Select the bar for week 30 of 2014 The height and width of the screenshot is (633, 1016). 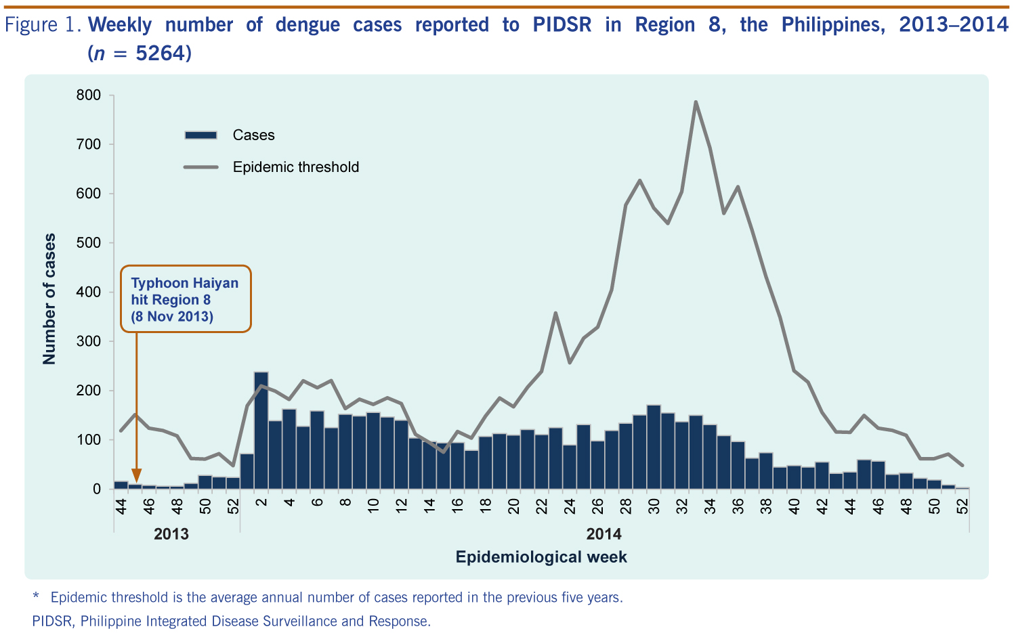[654, 447]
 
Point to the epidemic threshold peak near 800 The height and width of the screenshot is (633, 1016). [696, 102]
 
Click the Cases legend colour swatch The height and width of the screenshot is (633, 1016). [200, 135]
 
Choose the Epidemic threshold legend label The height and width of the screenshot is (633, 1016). [295, 167]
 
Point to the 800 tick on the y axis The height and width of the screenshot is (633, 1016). [88, 95]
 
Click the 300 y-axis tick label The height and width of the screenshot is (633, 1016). [88, 342]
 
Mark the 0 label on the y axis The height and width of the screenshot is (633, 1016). [96, 489]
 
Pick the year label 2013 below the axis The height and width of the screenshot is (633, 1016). [171, 534]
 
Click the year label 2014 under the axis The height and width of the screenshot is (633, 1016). [604, 534]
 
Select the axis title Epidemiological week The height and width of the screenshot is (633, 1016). [541, 557]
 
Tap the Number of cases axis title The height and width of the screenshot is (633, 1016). [49, 299]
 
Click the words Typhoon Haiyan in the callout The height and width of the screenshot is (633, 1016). [185, 283]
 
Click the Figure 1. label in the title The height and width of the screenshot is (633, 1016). [43, 25]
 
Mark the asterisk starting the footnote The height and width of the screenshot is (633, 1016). [36, 596]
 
